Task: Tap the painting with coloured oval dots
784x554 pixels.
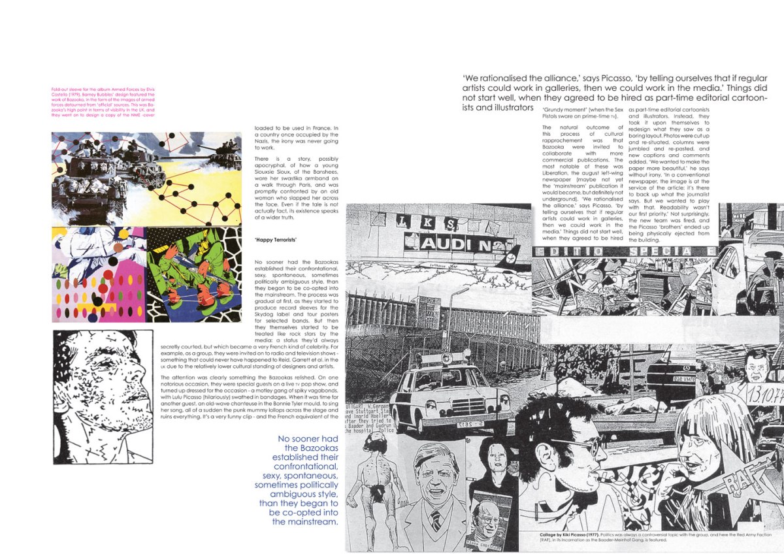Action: coord(98,274)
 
